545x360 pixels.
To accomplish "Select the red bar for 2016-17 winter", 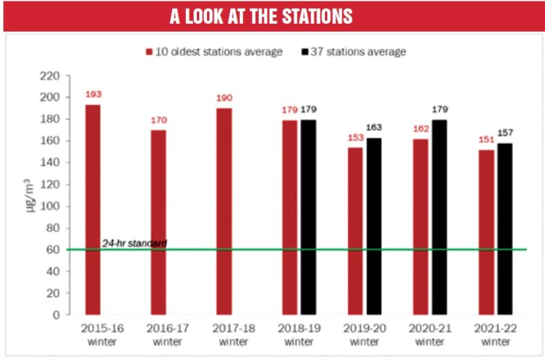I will tap(157, 222).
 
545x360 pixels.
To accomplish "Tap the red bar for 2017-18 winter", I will tap(223, 211).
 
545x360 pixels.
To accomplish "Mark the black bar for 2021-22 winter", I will tap(503, 229).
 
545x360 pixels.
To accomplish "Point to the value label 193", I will tap(93, 94).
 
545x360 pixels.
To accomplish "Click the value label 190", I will tap(223, 97).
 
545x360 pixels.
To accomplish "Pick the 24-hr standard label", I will tap(134, 243).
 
